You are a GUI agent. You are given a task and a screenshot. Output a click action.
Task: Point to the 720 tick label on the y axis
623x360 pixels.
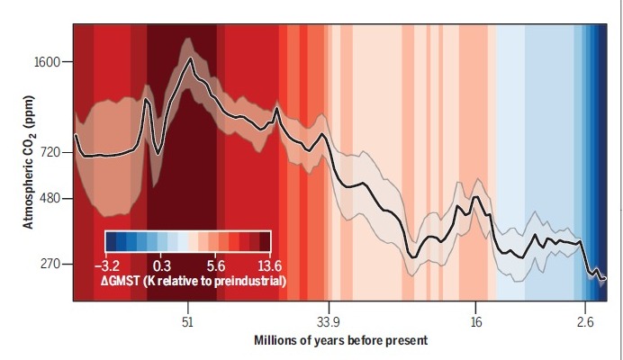click(49, 152)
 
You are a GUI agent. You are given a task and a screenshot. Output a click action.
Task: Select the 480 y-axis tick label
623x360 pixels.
click(49, 198)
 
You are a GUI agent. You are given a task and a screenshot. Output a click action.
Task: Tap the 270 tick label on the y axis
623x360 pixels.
click(49, 265)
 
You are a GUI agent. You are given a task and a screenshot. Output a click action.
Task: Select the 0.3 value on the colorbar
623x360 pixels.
click(162, 265)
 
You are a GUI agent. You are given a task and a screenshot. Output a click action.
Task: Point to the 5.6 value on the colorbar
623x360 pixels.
click(214, 265)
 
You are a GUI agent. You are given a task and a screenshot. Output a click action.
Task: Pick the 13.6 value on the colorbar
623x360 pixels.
click(258, 265)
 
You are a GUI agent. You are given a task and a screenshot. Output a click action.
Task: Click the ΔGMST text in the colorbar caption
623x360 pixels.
click(128, 282)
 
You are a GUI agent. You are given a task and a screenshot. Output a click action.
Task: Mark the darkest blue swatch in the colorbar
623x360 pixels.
click(112, 241)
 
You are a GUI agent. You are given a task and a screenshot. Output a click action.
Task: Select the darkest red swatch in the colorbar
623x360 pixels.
click(265, 241)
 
